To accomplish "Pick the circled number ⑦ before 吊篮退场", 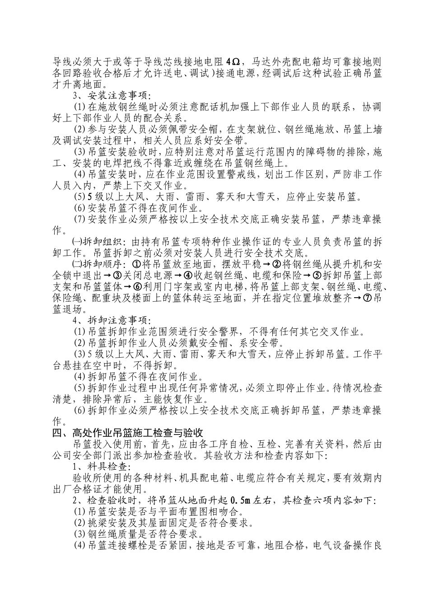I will [365, 298].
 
